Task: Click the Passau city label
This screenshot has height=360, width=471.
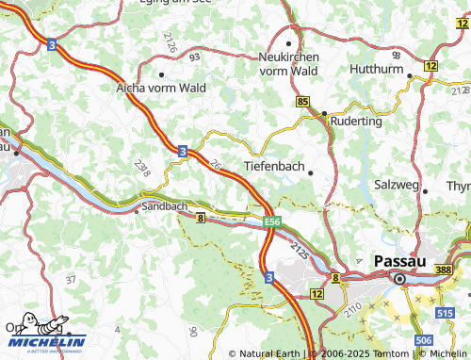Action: pyautogui.click(x=401, y=260)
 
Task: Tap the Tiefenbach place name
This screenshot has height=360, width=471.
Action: pyautogui.click(x=274, y=166)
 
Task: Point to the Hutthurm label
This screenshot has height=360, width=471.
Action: pyautogui.click(x=376, y=69)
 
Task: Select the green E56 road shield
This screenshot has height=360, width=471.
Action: pyautogui.click(x=272, y=221)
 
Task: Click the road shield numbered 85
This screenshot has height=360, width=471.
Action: pyautogui.click(x=302, y=101)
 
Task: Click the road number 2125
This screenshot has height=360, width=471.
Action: pyautogui.click(x=300, y=251)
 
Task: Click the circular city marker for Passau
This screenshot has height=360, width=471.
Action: pyautogui.click(x=399, y=279)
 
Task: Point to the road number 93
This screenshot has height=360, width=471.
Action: pyautogui.click(x=195, y=58)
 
